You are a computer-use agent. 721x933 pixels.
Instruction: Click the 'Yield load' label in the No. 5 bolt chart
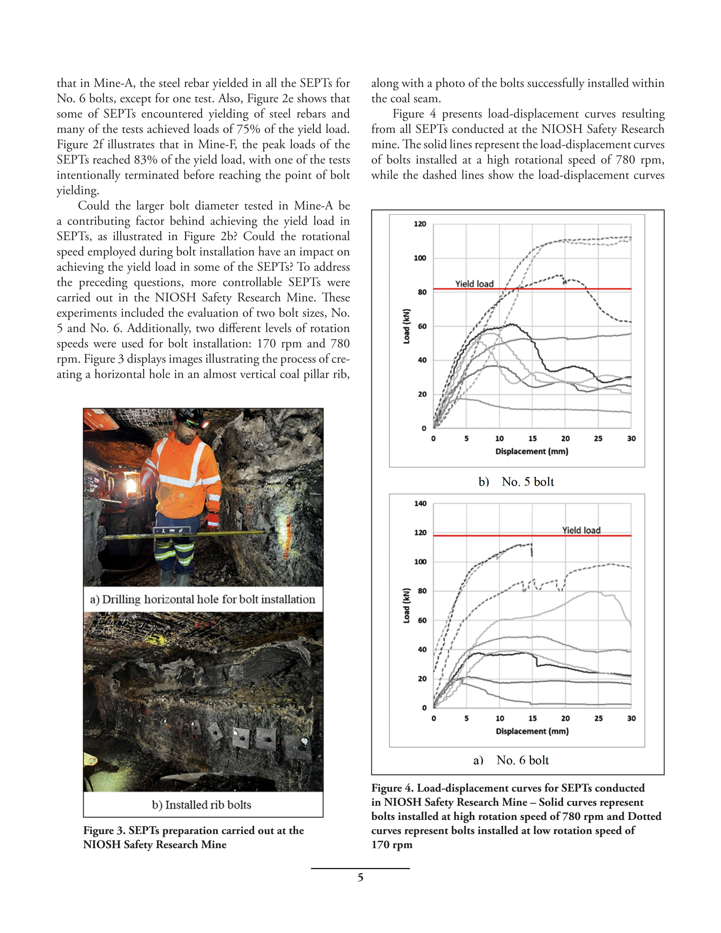pos(474,284)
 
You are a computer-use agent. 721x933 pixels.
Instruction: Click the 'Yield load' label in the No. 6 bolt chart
pos(581,530)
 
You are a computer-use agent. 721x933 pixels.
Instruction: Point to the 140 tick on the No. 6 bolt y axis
pos(420,503)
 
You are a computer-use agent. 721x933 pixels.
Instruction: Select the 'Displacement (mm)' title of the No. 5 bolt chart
pos(532,451)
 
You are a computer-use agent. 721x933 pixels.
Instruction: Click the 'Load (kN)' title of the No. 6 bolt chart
pos(407,605)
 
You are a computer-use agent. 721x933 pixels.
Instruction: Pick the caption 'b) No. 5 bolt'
pos(516,482)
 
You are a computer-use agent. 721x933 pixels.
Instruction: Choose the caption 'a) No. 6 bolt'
pos(511,760)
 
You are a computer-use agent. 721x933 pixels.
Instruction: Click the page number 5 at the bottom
pos(360,878)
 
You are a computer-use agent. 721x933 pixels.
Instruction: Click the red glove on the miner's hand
pos(211,520)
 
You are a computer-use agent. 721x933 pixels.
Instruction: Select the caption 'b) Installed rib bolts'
pos(202,805)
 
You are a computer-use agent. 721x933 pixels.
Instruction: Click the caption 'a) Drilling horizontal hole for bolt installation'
pos(202,599)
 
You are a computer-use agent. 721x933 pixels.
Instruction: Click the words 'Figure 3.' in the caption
pos(104,830)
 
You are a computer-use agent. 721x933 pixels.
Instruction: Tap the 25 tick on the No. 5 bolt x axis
pos(598,438)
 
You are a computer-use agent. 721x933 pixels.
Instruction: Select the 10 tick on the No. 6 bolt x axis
pos(500,718)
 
